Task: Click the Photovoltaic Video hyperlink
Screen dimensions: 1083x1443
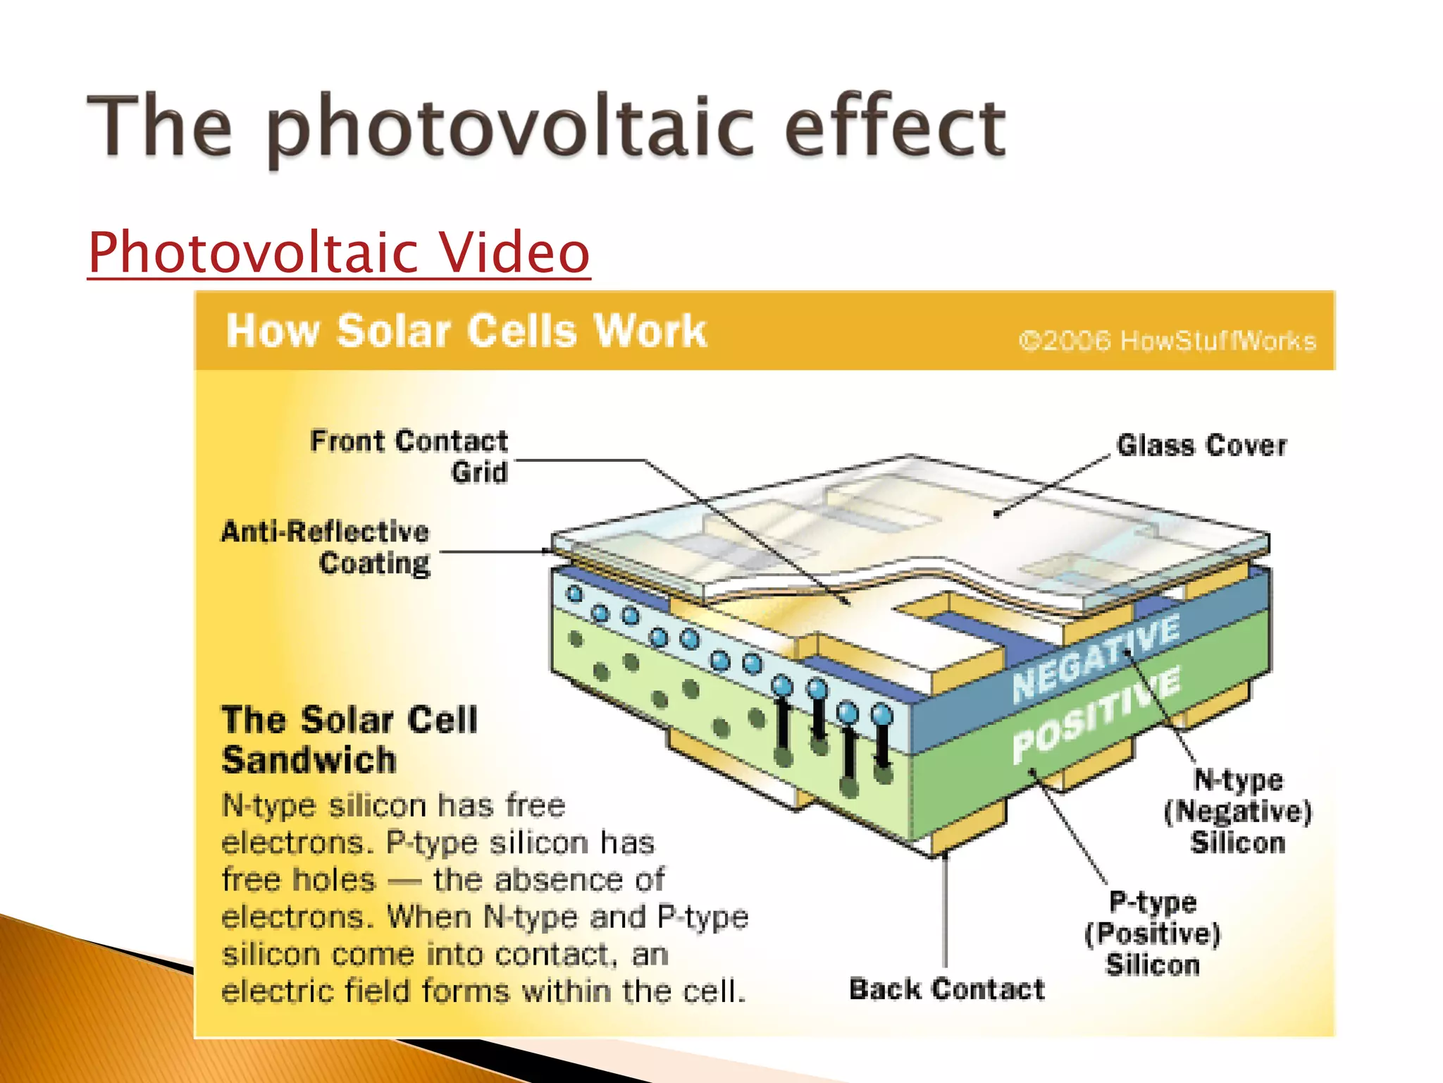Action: (338, 252)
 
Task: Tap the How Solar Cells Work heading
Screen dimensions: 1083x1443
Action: (466, 331)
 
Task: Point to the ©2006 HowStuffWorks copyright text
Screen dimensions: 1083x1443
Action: (1167, 341)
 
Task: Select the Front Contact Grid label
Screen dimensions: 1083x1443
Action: (409, 456)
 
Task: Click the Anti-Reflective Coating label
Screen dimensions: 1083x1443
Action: (326, 547)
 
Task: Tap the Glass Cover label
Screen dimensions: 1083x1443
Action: (1201, 446)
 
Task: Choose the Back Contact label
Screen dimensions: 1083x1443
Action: (946, 989)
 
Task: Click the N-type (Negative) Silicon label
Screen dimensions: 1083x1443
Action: (1238, 811)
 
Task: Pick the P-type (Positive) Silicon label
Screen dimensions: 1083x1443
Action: (1153, 933)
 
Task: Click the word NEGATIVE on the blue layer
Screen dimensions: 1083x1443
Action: (1096, 657)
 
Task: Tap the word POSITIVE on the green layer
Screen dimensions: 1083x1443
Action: (1096, 714)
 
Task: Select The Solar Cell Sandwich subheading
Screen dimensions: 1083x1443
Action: (349, 740)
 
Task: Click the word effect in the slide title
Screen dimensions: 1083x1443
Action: (895, 127)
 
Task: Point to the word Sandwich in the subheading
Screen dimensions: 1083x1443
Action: (309, 760)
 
